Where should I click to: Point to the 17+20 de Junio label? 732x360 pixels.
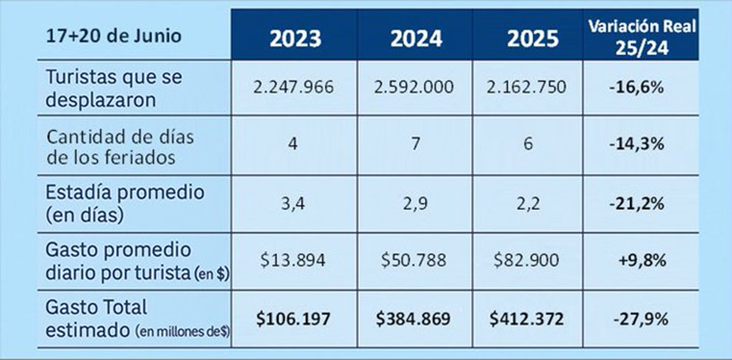click(x=114, y=35)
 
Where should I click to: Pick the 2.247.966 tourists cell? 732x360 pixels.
click(x=293, y=87)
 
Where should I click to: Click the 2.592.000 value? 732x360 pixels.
click(x=414, y=87)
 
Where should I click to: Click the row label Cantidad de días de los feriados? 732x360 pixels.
click(x=120, y=146)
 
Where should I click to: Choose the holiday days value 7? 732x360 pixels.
click(x=414, y=146)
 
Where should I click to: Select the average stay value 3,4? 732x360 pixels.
click(x=293, y=203)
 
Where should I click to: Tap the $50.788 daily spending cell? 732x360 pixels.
click(x=414, y=261)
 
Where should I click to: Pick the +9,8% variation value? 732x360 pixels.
click(x=640, y=261)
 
